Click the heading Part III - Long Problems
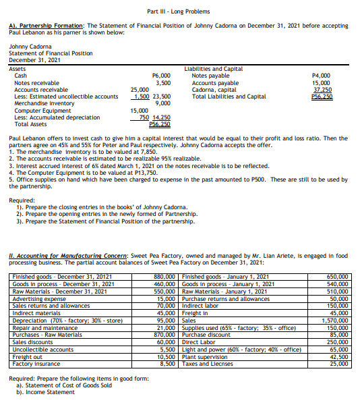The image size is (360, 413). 179,11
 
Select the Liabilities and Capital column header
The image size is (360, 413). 213,69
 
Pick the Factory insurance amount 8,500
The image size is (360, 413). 167,364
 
